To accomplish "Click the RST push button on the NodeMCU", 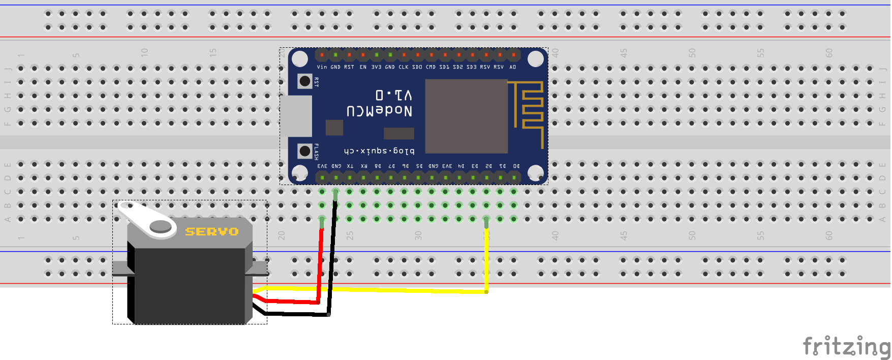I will [x=304, y=81].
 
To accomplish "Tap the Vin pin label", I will [x=322, y=67].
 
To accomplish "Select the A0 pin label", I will [x=513, y=67].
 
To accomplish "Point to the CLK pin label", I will [x=404, y=67].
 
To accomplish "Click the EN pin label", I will [x=363, y=67].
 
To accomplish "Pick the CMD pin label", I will [x=430, y=67].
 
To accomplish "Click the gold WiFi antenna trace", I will [x=529, y=109].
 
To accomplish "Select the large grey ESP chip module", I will [x=466, y=116].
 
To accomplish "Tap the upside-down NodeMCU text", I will [x=379, y=111].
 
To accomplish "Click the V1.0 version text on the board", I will [x=394, y=95].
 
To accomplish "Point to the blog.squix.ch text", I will [x=379, y=151].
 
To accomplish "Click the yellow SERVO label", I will [x=211, y=232].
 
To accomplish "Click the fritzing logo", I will [x=846, y=347].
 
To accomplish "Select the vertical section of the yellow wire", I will [x=486, y=259].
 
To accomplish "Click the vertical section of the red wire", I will [x=321, y=264].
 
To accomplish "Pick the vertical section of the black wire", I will [x=332, y=254].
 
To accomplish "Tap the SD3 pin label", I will [x=472, y=67].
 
